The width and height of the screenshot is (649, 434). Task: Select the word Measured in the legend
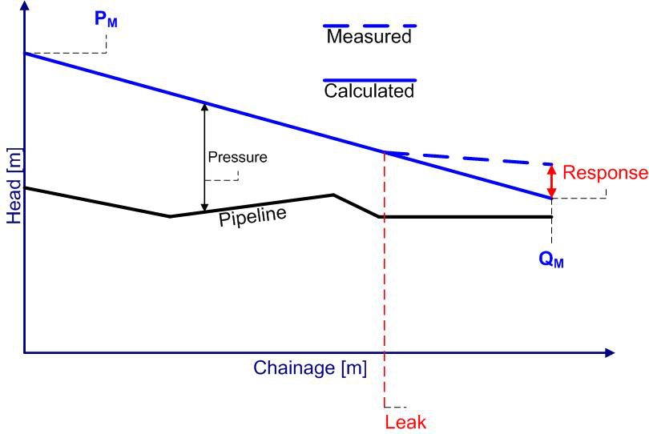coord(369,37)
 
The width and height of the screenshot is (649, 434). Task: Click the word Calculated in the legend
coord(369,90)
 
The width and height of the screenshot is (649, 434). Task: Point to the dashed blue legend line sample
coord(369,26)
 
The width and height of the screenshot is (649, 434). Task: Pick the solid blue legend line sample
coord(369,80)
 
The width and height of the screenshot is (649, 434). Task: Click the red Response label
coord(604,173)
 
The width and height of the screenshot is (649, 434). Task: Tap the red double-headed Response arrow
coord(551,181)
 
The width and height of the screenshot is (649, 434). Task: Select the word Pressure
coord(236,157)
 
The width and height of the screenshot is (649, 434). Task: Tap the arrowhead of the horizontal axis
coord(610,352)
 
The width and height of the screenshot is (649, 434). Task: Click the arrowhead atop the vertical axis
coord(25,7)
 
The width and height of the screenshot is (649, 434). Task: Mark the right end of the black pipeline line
coord(551,217)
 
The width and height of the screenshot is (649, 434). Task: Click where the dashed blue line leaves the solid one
coord(385,152)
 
